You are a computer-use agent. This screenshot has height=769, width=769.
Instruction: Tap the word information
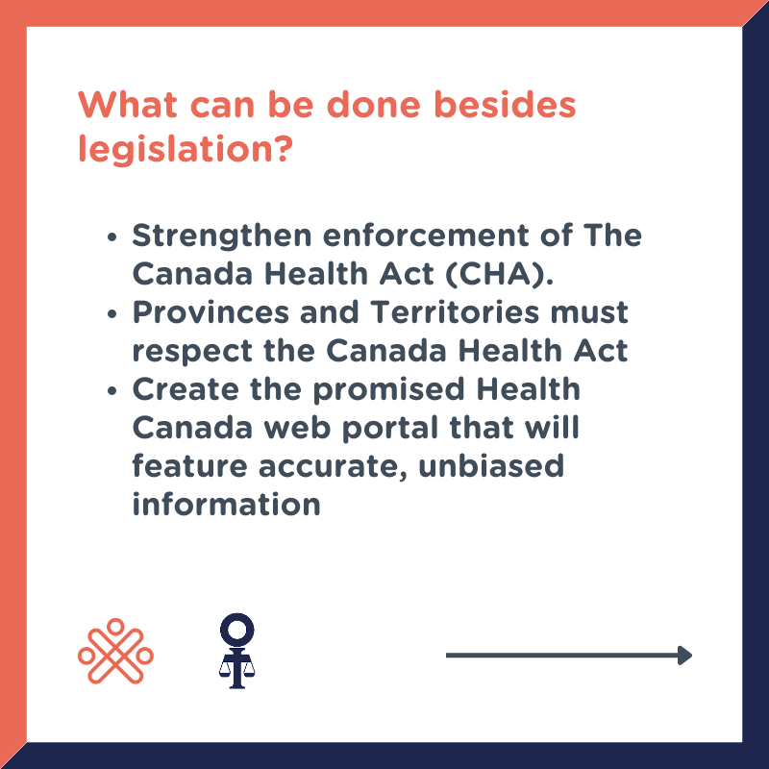(x=226, y=505)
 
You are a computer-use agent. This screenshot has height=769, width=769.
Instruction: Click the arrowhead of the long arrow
(x=684, y=656)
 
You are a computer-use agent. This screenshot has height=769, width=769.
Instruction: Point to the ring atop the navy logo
(x=236, y=630)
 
